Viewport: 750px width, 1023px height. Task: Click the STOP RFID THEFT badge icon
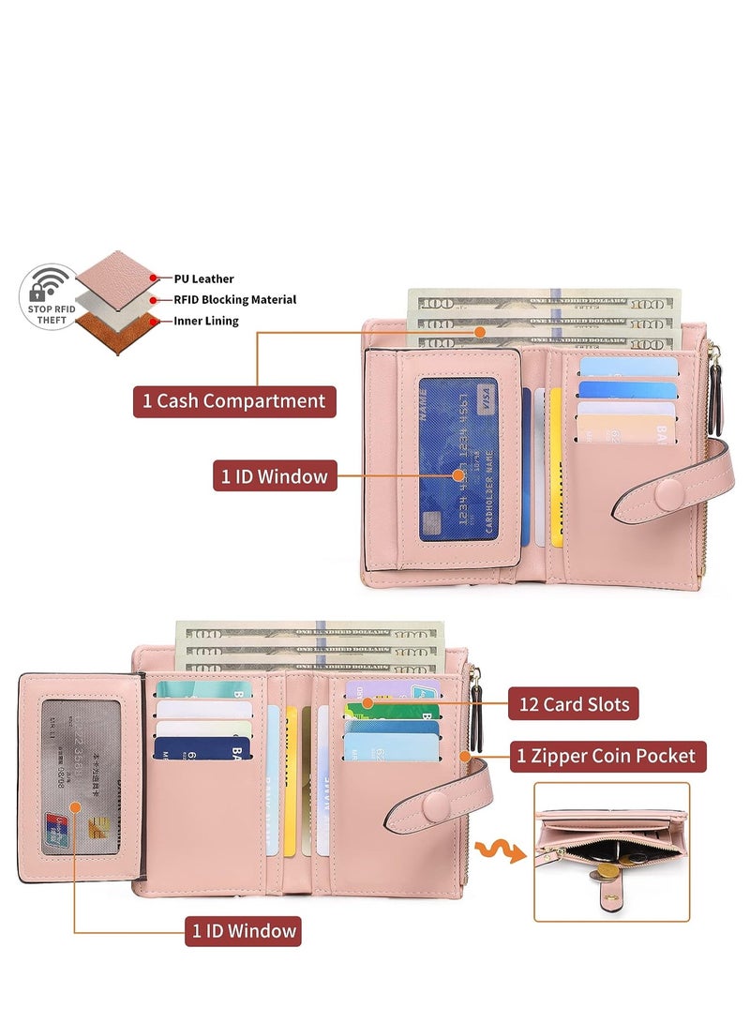[47, 296]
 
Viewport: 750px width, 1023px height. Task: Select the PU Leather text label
[203, 278]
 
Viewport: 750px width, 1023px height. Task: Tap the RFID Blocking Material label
[234, 300]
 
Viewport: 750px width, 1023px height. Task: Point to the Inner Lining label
[206, 321]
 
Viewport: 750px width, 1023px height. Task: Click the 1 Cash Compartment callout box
[233, 401]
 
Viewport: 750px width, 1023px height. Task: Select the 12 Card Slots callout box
[573, 703]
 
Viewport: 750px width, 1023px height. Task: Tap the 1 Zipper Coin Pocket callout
[607, 755]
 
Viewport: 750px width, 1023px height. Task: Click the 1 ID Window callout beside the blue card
[274, 475]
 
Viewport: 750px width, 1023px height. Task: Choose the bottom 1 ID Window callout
[243, 930]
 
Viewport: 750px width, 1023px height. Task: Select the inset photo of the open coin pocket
[611, 851]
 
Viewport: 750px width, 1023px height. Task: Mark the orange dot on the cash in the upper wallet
[481, 331]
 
